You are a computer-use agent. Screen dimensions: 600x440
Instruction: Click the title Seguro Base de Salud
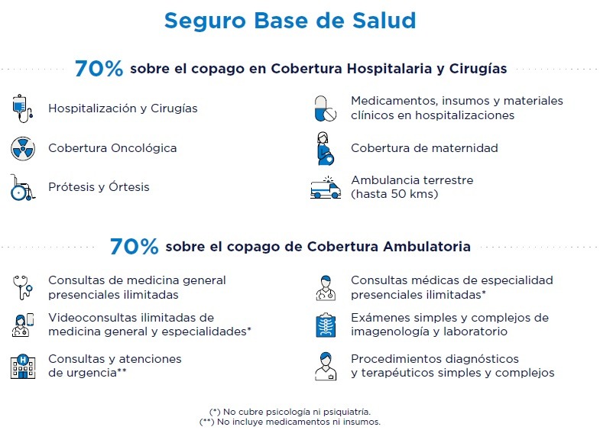pos(290,21)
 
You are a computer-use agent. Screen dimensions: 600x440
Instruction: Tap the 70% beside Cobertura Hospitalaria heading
pos(99,69)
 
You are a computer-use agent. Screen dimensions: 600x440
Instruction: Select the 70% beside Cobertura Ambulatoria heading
pos(135,246)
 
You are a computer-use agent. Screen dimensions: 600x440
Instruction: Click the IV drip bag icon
pos(23,108)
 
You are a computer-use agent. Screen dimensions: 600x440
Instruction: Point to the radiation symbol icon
pos(23,148)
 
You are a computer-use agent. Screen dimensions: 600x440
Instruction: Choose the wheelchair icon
pos(23,187)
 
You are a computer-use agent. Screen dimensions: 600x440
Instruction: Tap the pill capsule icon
pos(326,108)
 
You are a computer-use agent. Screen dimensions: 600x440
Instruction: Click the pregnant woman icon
pos(326,149)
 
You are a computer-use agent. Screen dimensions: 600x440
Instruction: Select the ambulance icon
pos(326,187)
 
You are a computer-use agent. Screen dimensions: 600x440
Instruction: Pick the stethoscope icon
pos(23,287)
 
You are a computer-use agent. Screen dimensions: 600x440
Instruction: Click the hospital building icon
pos(23,366)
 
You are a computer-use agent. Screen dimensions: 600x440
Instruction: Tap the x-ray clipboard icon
pos(326,325)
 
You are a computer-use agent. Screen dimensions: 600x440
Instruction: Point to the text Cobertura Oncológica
pos(112,148)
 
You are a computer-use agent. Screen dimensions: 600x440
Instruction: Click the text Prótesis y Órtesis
pos(99,187)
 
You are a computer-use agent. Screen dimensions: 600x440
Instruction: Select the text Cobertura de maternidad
pos(424,148)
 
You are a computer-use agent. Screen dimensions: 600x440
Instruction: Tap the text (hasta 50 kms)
pos(394,194)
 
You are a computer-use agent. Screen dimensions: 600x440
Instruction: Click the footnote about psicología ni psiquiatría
pos(290,412)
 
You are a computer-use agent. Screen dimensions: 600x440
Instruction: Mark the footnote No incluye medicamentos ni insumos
pos(290,422)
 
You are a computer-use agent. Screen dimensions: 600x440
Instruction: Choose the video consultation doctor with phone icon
pos(23,325)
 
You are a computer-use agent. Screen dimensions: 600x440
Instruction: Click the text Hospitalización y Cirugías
pos(123,108)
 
